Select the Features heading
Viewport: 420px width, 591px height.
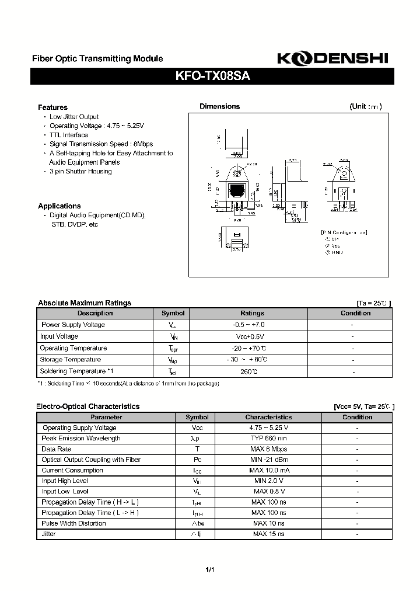click(52, 107)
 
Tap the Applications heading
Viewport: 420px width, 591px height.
click(59, 206)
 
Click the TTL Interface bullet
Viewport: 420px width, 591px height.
click(69, 135)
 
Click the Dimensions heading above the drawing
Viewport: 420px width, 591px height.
click(219, 106)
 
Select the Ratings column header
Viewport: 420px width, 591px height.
click(252, 313)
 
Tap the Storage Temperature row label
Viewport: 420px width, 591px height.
click(71, 360)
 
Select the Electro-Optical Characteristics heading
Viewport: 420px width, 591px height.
click(88, 406)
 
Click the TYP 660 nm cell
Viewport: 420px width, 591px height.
click(268, 439)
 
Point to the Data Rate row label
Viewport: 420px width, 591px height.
click(57, 449)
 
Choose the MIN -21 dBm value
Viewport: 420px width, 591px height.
click(268, 460)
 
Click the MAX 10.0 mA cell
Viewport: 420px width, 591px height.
click(268, 470)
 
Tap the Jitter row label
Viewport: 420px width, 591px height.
click(49, 534)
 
